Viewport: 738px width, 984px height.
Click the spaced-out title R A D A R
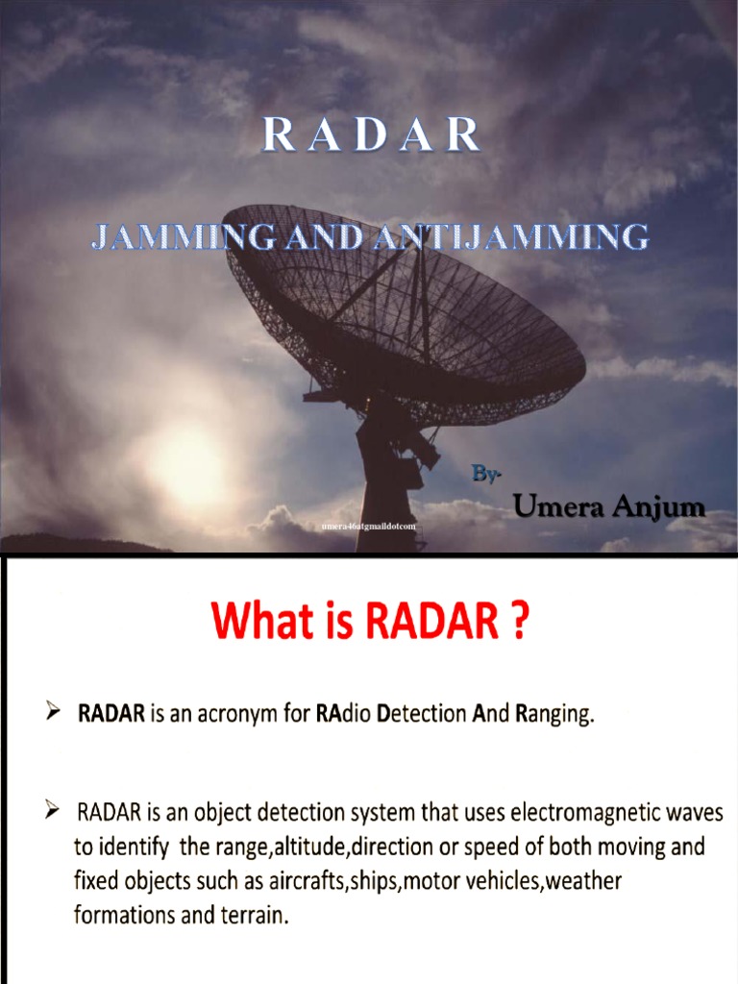point(372,136)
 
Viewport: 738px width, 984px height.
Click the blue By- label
point(486,474)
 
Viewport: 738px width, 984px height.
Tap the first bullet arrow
point(54,714)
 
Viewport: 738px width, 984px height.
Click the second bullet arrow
point(54,814)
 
